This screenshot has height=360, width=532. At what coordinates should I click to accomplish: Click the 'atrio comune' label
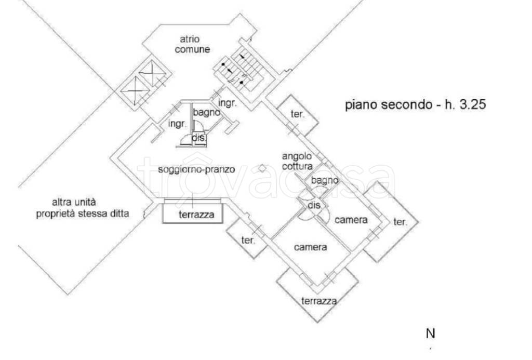[x=192, y=45]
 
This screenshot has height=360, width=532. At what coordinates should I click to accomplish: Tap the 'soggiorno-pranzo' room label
[x=196, y=169]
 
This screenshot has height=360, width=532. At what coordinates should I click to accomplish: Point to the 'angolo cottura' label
[x=297, y=161]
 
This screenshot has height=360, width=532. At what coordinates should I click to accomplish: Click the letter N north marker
[x=430, y=334]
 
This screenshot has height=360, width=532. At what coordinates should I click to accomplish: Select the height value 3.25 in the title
[x=473, y=104]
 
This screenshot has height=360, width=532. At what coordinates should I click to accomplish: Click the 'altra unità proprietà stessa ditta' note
[x=83, y=208]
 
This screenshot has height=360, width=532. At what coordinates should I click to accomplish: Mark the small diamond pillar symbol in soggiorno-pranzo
[x=262, y=168]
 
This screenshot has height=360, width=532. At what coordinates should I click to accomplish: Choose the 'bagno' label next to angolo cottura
[x=325, y=180]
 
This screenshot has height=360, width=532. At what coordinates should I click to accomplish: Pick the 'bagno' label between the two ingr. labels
[x=206, y=112]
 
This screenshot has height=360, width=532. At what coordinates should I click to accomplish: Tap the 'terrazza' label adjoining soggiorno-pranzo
[x=196, y=215]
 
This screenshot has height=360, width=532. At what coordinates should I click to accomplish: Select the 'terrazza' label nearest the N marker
[x=319, y=301]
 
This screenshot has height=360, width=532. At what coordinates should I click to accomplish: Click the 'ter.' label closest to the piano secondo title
[x=298, y=114]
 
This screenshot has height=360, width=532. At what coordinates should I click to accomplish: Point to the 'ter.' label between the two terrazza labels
[x=248, y=240]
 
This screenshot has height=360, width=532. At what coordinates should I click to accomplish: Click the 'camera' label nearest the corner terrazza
[x=311, y=247]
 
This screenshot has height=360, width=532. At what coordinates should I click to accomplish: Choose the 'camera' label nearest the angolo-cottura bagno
[x=351, y=220]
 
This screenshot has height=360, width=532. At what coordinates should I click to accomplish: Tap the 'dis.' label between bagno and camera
[x=314, y=205]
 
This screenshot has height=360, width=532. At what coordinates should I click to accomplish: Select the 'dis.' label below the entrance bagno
[x=199, y=138]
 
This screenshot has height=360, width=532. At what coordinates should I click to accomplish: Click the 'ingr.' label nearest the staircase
[x=227, y=103]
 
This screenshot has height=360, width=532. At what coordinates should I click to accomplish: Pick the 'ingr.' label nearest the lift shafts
[x=177, y=124]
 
